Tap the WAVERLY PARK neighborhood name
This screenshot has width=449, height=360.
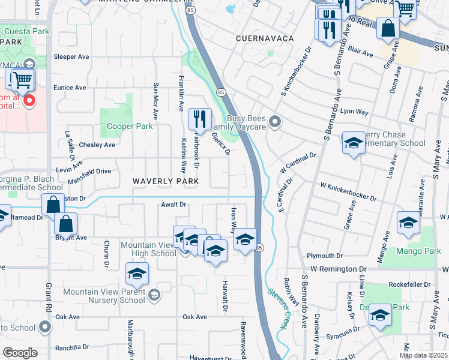point(165,181)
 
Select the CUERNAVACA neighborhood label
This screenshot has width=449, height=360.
point(265,38)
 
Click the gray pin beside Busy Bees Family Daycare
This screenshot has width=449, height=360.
point(275,122)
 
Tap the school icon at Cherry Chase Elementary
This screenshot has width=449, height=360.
point(354,143)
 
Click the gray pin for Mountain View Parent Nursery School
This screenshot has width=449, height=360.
point(154,294)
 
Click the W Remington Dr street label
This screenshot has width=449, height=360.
point(338,269)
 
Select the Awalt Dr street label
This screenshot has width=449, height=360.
point(173,205)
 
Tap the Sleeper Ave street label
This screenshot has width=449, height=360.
point(71,57)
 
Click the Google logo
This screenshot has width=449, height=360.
point(19,353)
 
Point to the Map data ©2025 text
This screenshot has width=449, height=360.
point(423,355)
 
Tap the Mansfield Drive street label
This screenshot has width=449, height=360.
point(85,171)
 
